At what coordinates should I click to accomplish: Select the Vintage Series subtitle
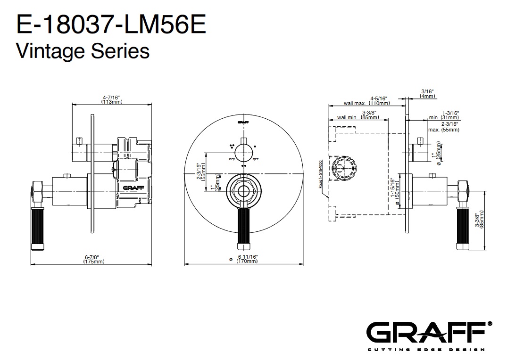pos(83,50)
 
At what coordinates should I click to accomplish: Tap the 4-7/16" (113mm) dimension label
pos(111,99)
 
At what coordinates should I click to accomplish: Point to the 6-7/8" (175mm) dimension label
pos(94,259)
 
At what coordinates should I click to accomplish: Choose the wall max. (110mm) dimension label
pos(367,101)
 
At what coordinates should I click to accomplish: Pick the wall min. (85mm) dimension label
pos(358,115)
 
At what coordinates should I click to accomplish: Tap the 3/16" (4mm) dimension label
pos(427,93)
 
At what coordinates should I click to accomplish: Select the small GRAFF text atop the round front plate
pos(243,123)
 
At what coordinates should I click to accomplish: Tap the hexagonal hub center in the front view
pos(243,191)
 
